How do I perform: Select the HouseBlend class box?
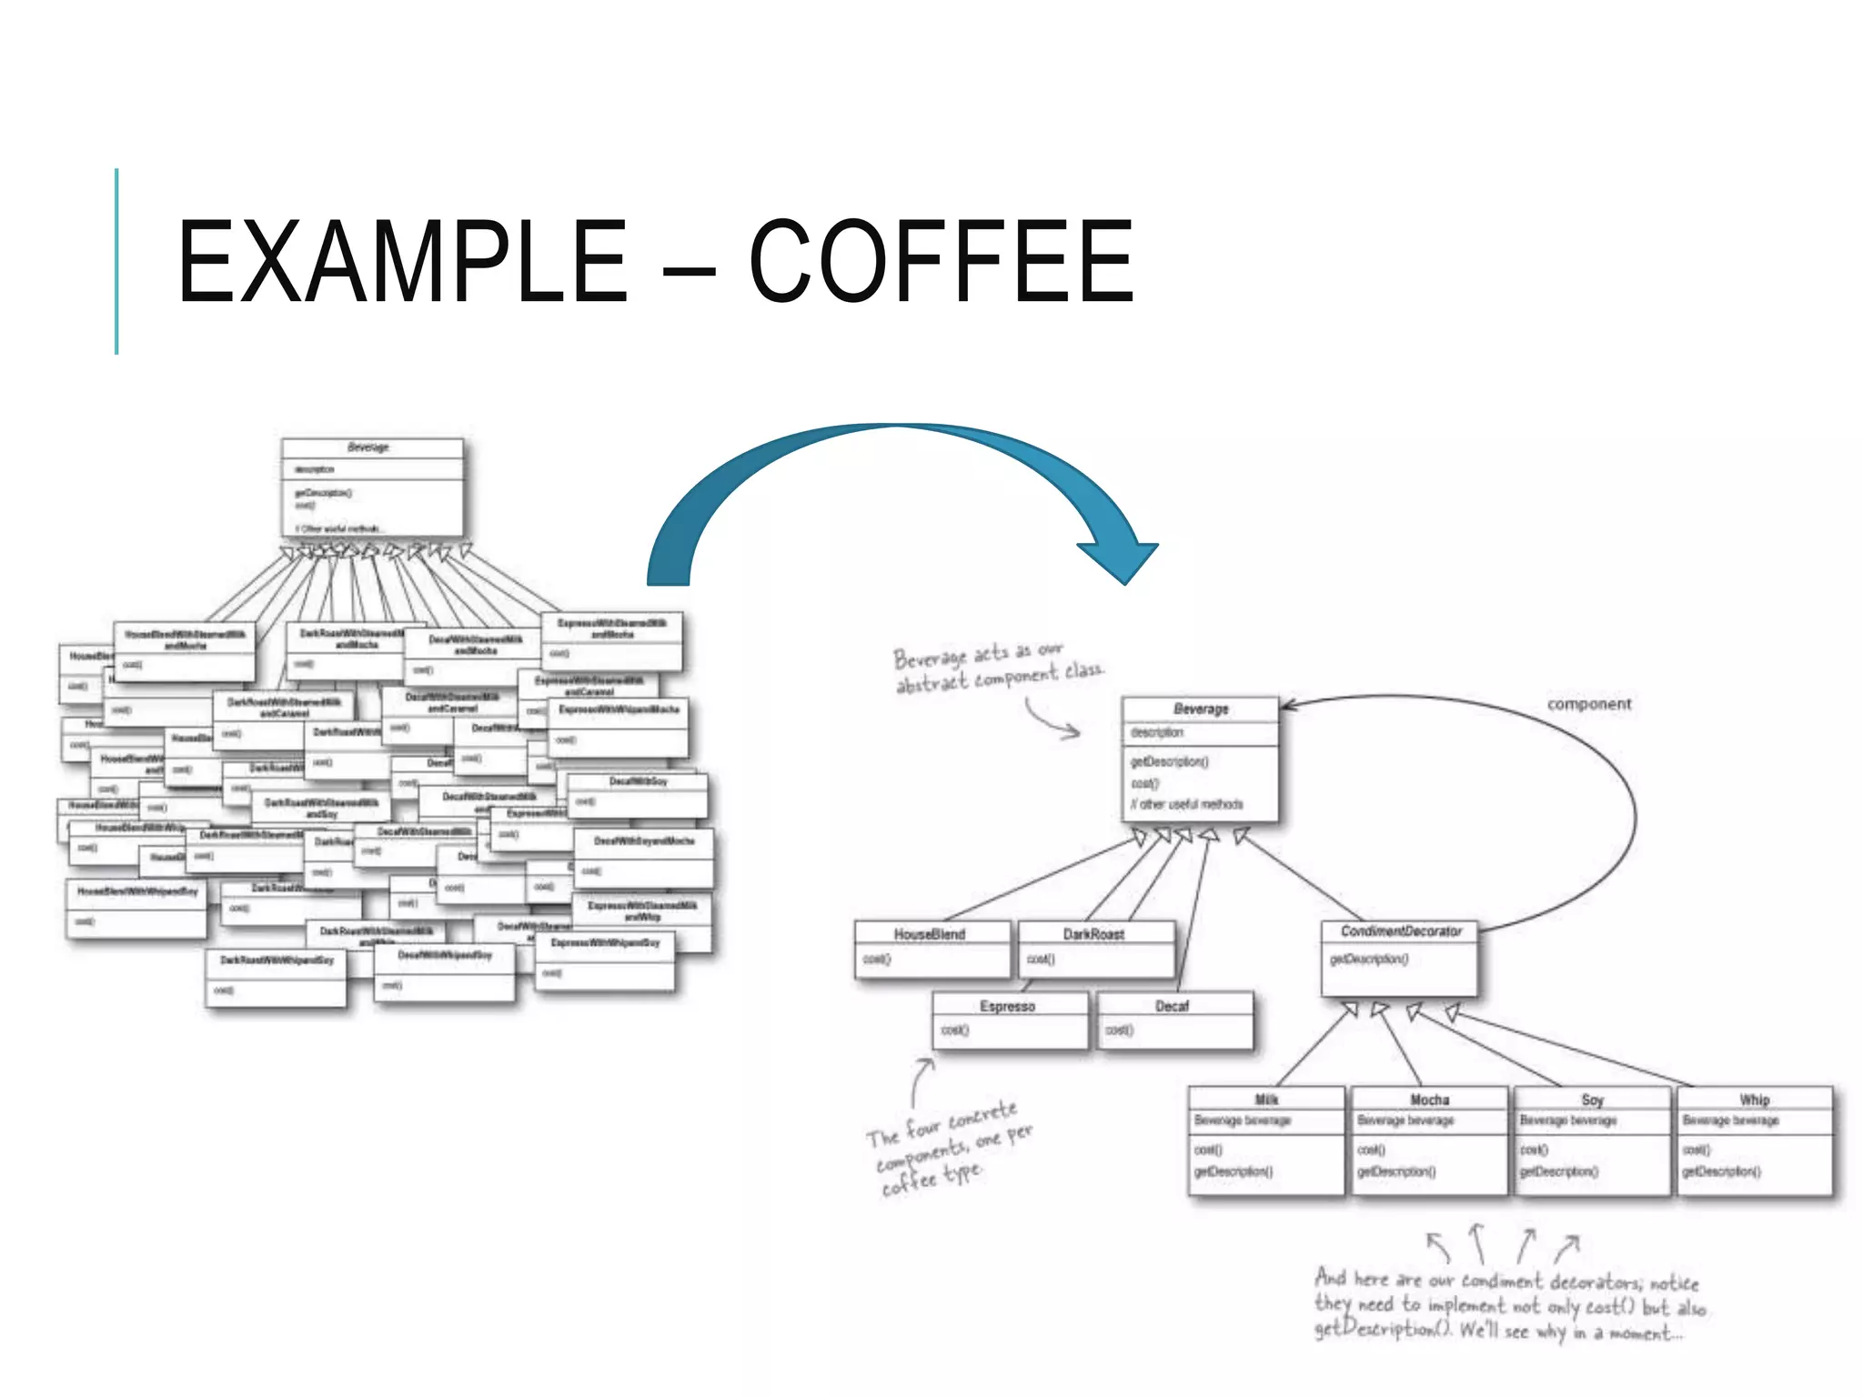coord(931,948)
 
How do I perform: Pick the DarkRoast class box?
coord(1095,948)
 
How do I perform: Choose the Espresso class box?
coord(1009,1020)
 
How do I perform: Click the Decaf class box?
coord(1173,1020)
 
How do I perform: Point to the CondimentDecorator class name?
coord(1401,931)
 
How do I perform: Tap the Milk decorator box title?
coord(1266,1100)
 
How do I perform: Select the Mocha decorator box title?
coord(1429,1100)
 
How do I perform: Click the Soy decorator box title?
coord(1592,1100)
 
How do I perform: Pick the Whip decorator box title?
coord(1755,1100)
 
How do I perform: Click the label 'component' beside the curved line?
coord(1589,704)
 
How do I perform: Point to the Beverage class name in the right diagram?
coord(1201,709)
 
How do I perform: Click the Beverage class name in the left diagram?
coord(368,447)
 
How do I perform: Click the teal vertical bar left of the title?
coord(116,262)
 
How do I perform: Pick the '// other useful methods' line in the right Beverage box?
coord(1187,804)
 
